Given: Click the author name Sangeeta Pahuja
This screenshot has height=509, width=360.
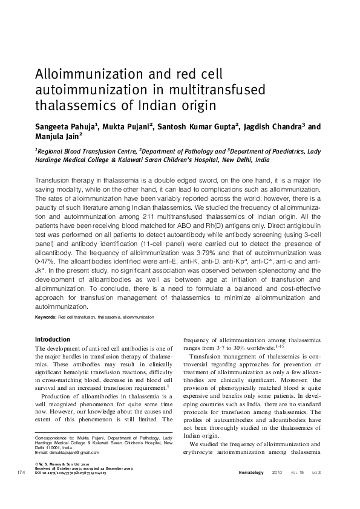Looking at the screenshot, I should click(61, 128).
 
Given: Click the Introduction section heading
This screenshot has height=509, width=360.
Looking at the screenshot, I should click(53, 339).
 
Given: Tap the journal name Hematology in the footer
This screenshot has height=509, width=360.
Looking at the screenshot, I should click(252, 488).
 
